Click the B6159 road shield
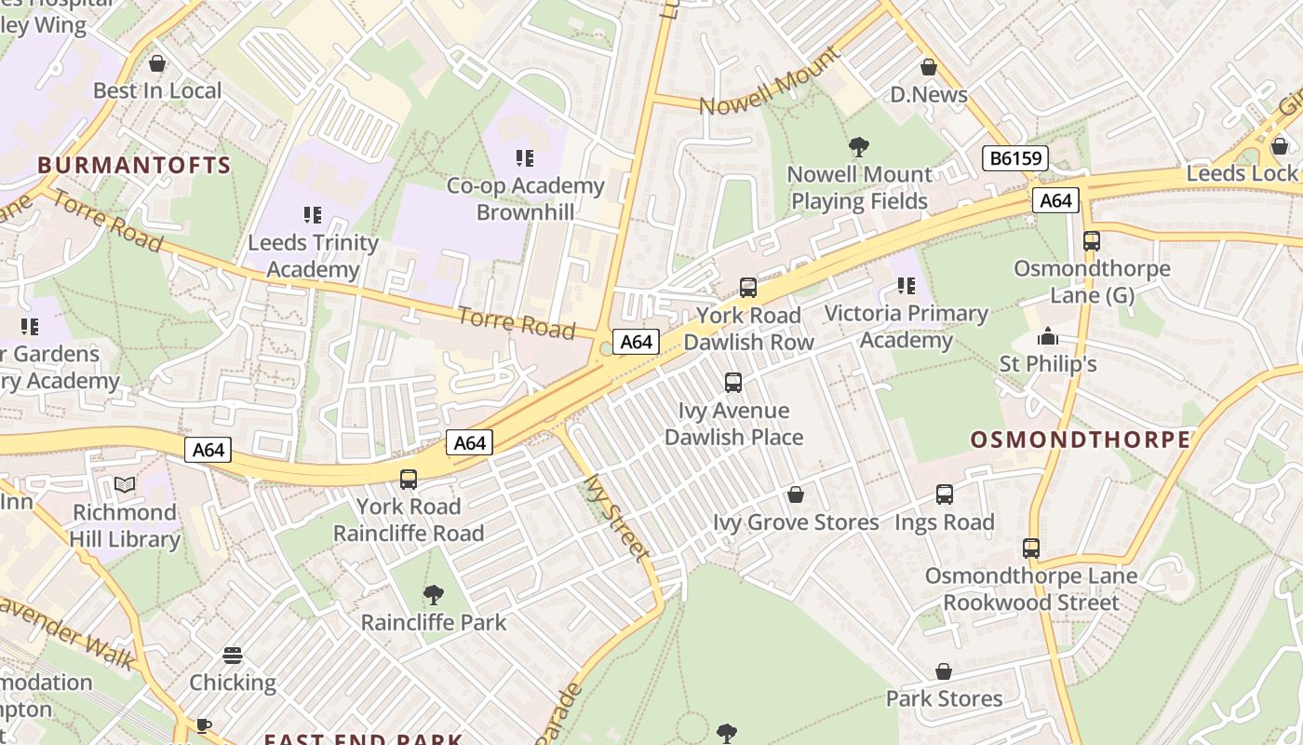click(1014, 158)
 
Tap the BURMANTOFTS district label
click(134, 166)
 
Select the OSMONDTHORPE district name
click(1080, 440)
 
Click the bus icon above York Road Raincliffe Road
click(408, 480)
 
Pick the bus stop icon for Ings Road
click(944, 494)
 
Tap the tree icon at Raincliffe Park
click(433, 595)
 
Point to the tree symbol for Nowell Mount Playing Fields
click(859, 147)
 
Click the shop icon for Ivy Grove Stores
click(795, 494)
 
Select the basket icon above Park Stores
click(943, 671)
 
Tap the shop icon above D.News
click(928, 67)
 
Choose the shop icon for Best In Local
click(157, 63)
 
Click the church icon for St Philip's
click(1048, 336)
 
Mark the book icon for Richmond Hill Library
click(124, 484)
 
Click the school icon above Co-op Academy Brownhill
click(525, 158)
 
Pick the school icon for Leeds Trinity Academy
click(313, 215)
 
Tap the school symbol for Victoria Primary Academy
click(906, 286)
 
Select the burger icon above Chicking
click(233, 656)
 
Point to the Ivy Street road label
click(615, 518)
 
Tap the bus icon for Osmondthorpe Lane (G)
click(1091, 241)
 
